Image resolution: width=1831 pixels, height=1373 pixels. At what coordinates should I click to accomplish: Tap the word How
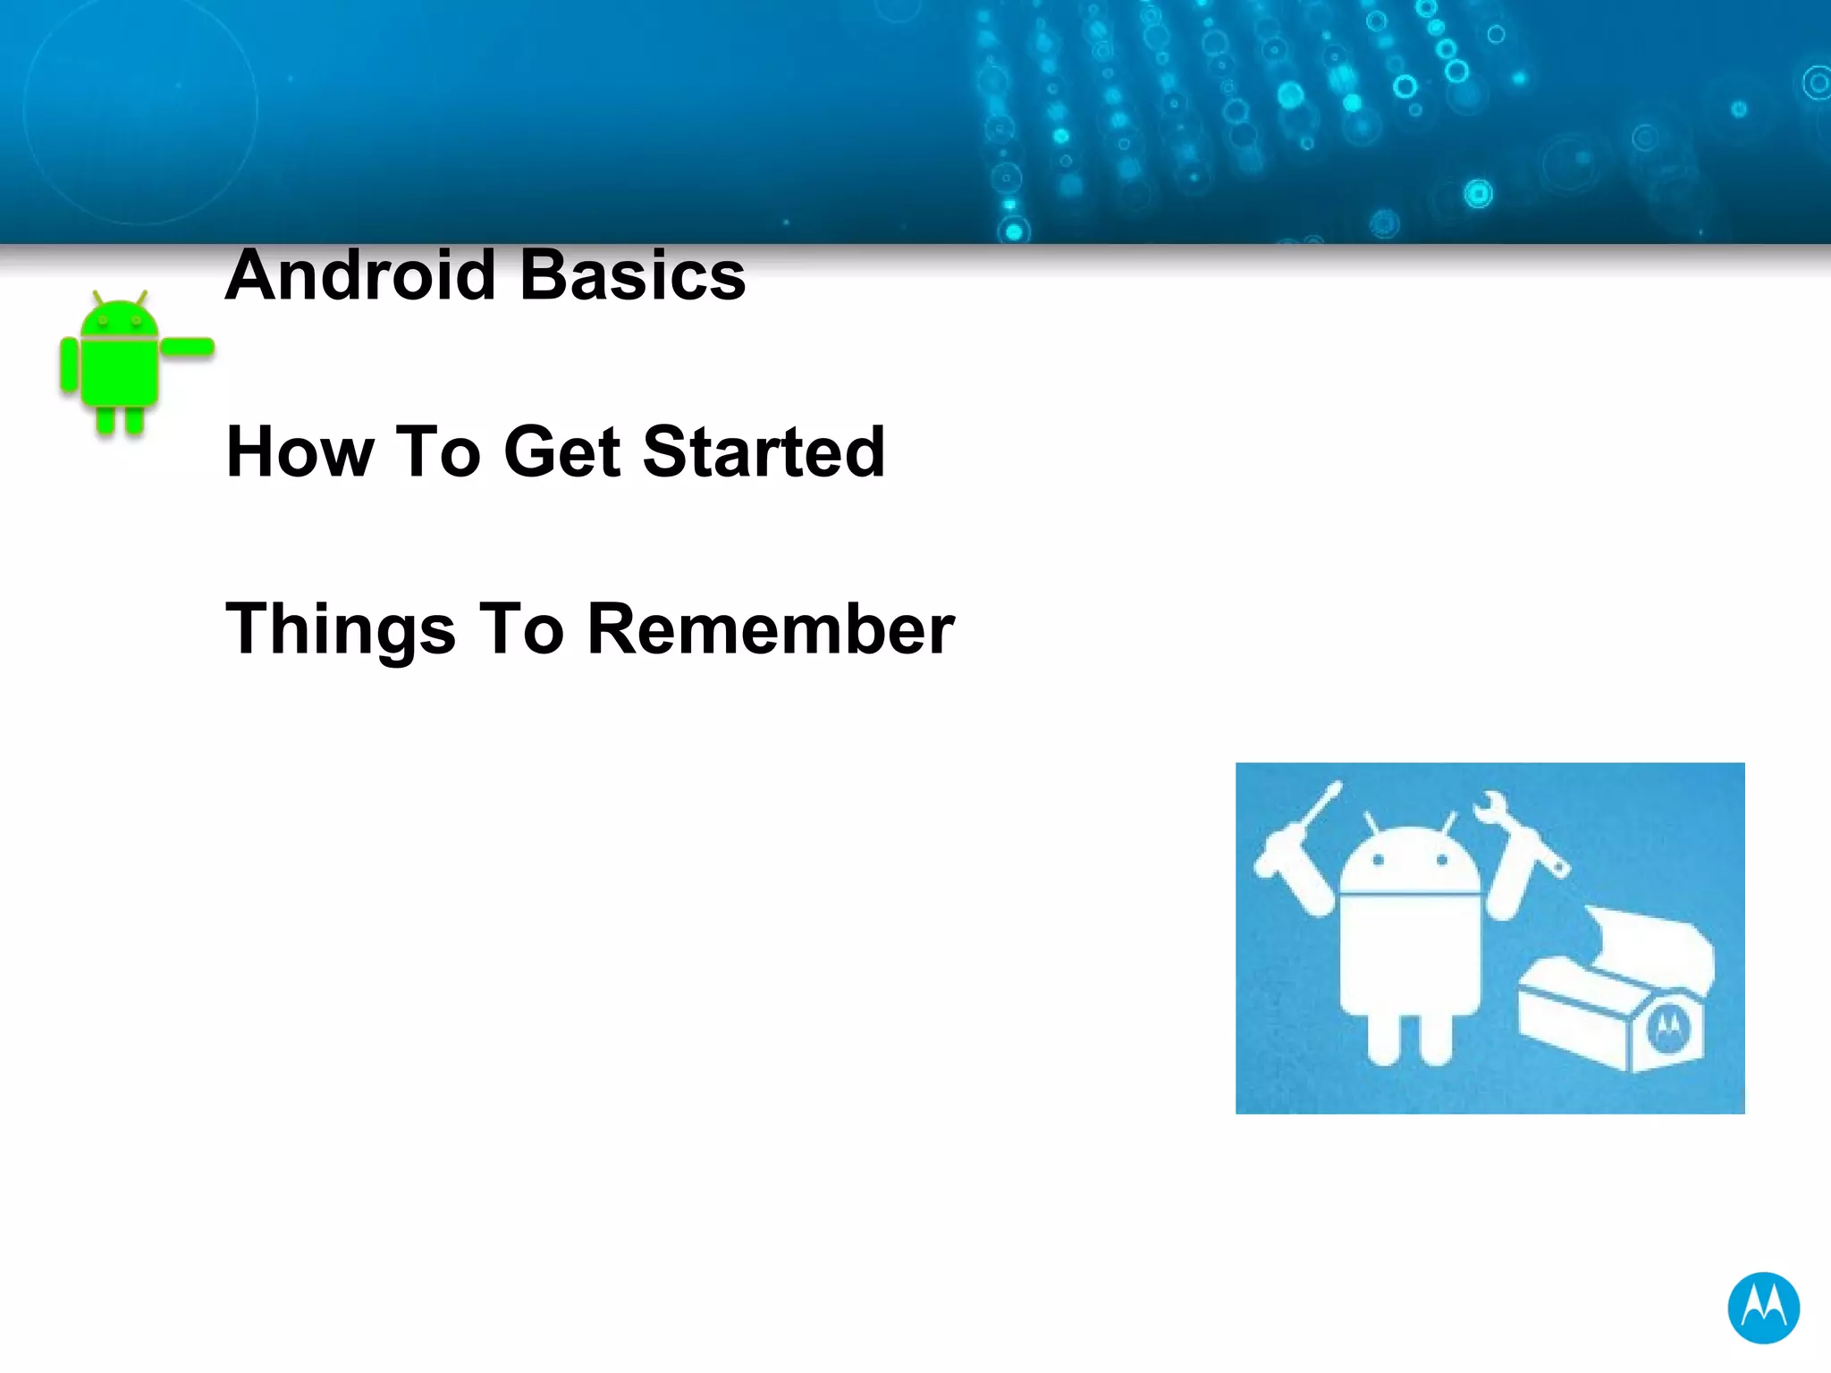[x=300, y=452]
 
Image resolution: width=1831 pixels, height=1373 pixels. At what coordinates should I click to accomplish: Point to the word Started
[x=764, y=452]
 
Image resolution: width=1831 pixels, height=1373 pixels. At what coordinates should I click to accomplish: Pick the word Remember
[x=771, y=629]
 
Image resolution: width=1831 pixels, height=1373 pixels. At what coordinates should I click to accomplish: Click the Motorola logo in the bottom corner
[x=1762, y=1308]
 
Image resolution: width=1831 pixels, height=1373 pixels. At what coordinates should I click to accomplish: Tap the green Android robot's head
[x=119, y=320]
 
